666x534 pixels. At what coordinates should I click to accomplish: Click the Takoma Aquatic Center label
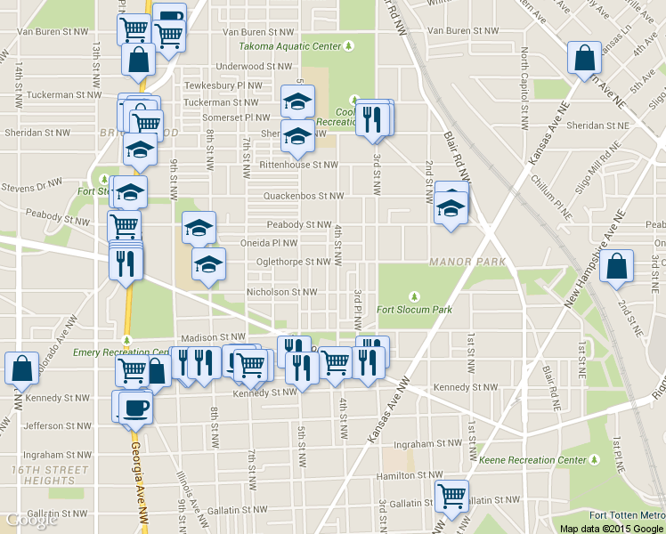pos(288,46)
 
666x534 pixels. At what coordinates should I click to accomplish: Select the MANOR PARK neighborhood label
pos(467,262)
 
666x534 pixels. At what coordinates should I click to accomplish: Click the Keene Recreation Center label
pos(532,460)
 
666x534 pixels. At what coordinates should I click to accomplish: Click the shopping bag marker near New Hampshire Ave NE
pos(616,267)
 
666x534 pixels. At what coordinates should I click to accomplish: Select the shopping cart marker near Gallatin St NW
pos(451,497)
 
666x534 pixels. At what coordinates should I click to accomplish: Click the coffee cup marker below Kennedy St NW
pos(135,408)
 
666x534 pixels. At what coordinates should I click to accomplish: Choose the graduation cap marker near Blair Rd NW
pos(451,209)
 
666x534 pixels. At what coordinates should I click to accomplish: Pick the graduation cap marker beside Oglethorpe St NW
pos(208,264)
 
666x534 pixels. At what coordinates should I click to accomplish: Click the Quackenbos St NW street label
pos(303,196)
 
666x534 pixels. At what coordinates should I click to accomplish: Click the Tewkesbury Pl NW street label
pos(223,85)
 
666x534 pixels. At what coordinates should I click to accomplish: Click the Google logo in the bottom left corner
pos(31,520)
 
